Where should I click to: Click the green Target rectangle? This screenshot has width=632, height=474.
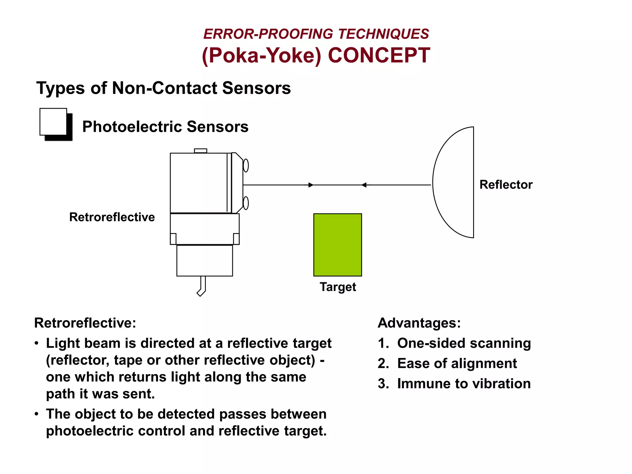pos(337,244)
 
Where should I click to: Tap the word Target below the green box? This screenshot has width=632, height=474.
pos(338,287)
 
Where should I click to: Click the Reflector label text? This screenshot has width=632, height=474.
pos(506,185)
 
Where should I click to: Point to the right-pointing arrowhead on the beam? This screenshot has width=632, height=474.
pos(311,185)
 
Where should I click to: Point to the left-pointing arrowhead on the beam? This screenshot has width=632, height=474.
pos(364,185)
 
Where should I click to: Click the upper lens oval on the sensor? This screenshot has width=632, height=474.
pos(246,165)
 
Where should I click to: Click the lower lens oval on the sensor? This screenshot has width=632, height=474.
pos(246,203)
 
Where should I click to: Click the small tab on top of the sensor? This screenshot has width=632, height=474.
pos(201,151)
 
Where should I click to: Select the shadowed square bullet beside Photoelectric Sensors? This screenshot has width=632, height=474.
pos(56,124)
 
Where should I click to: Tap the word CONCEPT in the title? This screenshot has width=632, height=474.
pos(379,56)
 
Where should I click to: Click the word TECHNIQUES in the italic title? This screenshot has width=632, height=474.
pos(384,34)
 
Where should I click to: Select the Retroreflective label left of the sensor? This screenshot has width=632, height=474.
pos(112,217)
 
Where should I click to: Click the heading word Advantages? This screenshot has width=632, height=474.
pos(419,323)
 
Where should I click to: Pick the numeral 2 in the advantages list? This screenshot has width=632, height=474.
pos(383,364)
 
